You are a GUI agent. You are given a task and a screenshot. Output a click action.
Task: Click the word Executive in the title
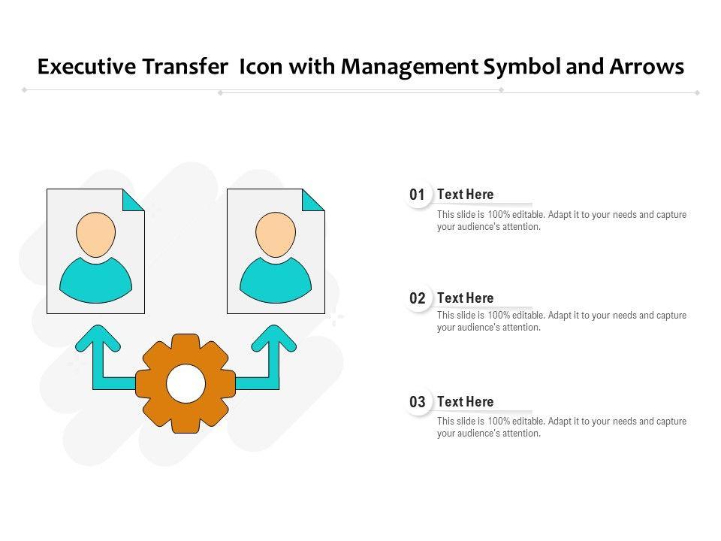click(87, 67)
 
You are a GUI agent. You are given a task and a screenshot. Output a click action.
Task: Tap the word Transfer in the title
click(185, 66)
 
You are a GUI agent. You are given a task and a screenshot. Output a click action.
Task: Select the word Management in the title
click(410, 67)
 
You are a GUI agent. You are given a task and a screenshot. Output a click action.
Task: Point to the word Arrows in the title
click(647, 67)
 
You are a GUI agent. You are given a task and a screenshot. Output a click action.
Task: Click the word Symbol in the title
click(523, 67)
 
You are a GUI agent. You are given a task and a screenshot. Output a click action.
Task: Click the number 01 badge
click(418, 195)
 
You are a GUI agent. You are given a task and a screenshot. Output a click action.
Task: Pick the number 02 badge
click(418, 298)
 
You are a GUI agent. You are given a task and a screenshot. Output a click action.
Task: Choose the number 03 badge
click(418, 401)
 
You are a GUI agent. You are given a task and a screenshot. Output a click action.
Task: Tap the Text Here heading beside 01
click(466, 194)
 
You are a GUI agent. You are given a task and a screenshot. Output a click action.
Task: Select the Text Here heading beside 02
click(466, 298)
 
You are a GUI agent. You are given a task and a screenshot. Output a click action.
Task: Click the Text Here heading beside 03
click(466, 401)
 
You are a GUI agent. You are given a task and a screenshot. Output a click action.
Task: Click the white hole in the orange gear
click(186, 383)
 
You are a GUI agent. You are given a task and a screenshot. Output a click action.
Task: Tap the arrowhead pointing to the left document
click(98, 338)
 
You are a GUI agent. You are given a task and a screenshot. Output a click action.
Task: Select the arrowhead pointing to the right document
click(274, 338)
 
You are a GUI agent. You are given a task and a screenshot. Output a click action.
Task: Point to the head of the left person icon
click(95, 234)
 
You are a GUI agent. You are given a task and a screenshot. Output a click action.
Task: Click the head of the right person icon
click(276, 234)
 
